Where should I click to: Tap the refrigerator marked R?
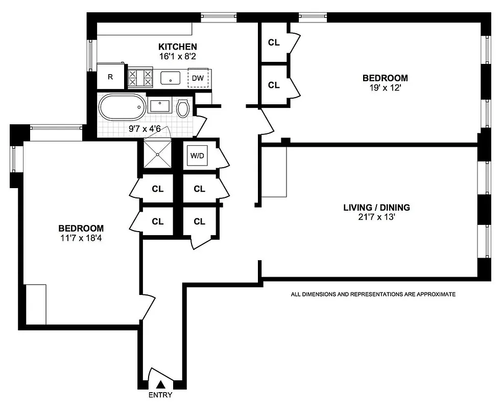(x=110, y=77)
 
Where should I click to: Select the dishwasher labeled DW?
(x=198, y=78)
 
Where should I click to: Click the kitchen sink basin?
(x=170, y=78)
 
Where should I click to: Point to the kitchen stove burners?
(x=140, y=78)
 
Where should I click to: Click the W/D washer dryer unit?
(x=197, y=155)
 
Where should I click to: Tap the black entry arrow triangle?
(x=161, y=384)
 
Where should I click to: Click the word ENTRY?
(x=160, y=395)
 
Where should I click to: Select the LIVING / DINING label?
(x=376, y=208)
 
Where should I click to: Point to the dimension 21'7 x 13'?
(x=376, y=217)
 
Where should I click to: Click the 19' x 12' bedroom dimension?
(x=385, y=87)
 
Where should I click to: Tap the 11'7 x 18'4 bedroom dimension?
(x=81, y=237)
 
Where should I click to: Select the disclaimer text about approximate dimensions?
(x=373, y=294)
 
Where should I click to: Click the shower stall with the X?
(x=157, y=153)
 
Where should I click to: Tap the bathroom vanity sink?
(x=160, y=106)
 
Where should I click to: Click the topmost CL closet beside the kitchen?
(x=274, y=42)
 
